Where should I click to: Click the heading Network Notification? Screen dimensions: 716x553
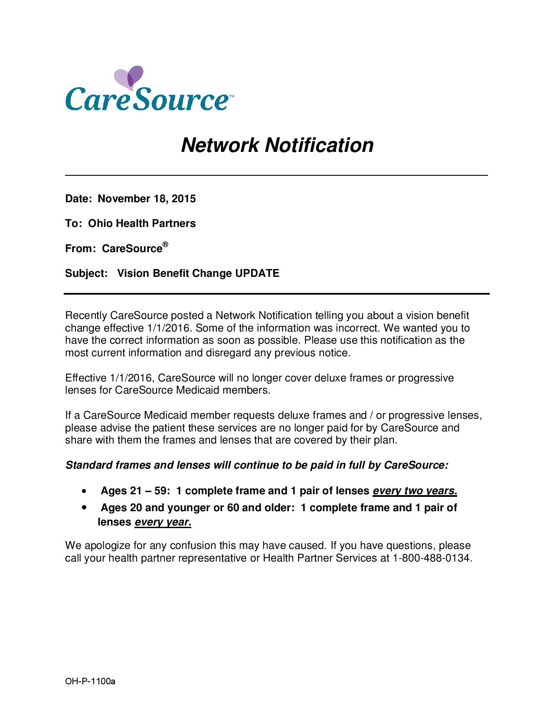tap(277, 145)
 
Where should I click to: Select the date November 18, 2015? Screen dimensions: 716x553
tap(147, 199)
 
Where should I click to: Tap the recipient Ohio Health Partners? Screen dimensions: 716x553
tap(142, 223)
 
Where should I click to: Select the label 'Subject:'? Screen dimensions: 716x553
tap(86, 273)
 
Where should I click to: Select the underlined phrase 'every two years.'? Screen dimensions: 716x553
tap(415, 491)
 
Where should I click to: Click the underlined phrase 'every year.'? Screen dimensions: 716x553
tap(163, 522)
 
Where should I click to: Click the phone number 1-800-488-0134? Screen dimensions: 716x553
tap(431, 558)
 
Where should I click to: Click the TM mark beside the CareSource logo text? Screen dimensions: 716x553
tap(231, 95)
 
